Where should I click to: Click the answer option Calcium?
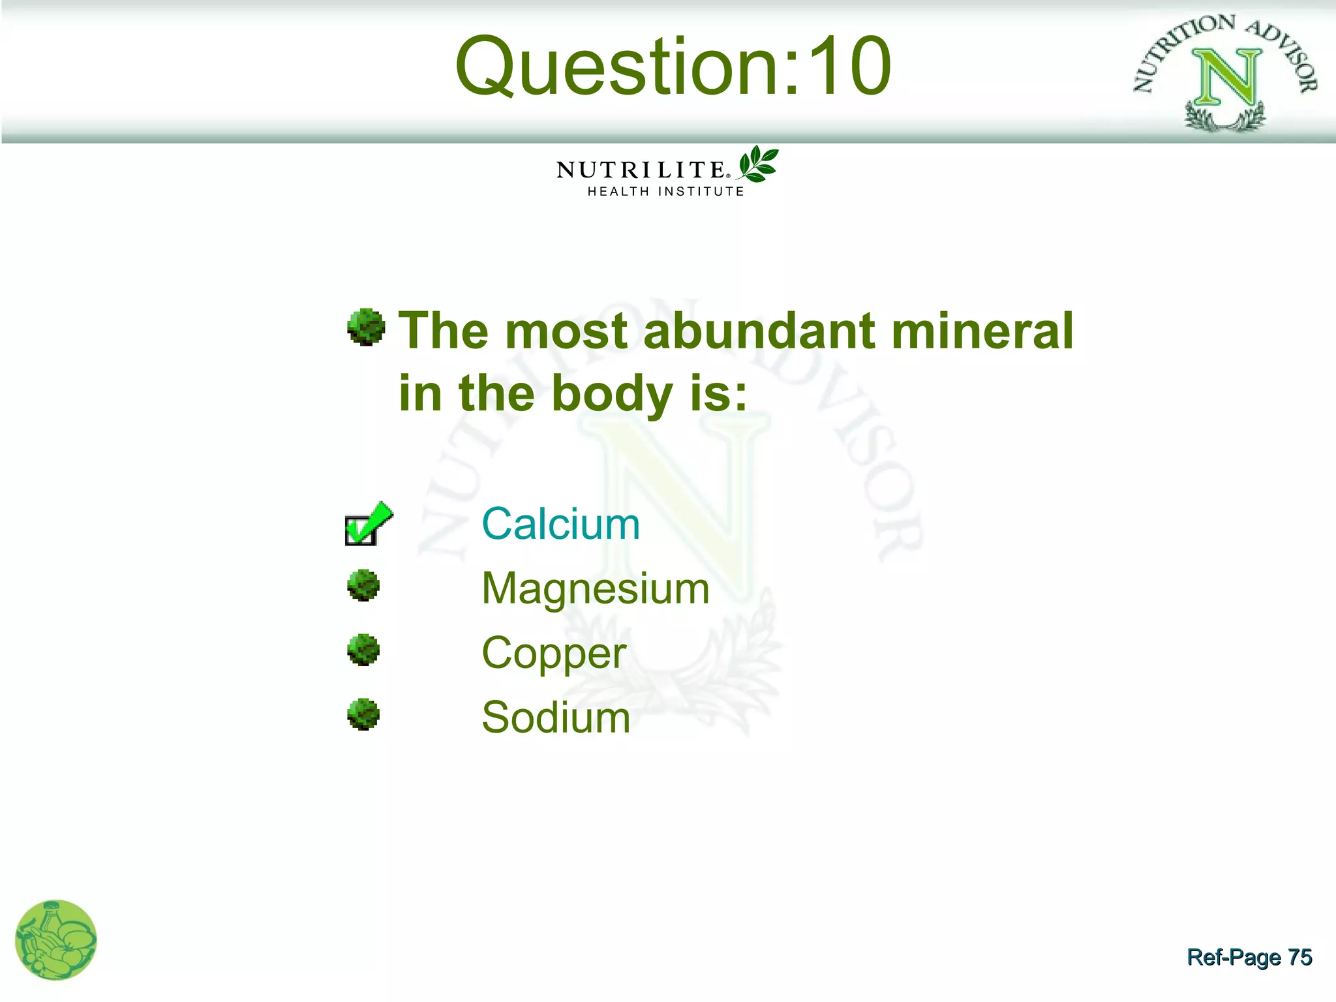point(560,524)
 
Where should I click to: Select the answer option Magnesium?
point(595,588)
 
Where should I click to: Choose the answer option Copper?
point(554,653)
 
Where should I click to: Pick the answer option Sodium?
point(556,718)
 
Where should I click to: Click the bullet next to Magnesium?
point(363,585)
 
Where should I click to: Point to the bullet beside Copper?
point(363,650)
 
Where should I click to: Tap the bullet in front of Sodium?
point(363,714)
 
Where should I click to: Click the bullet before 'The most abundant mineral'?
point(366,326)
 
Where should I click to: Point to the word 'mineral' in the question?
point(982,331)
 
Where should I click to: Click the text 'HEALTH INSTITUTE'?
point(665,191)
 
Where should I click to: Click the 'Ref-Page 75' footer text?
point(1249,957)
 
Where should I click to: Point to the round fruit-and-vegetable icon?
point(56,940)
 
